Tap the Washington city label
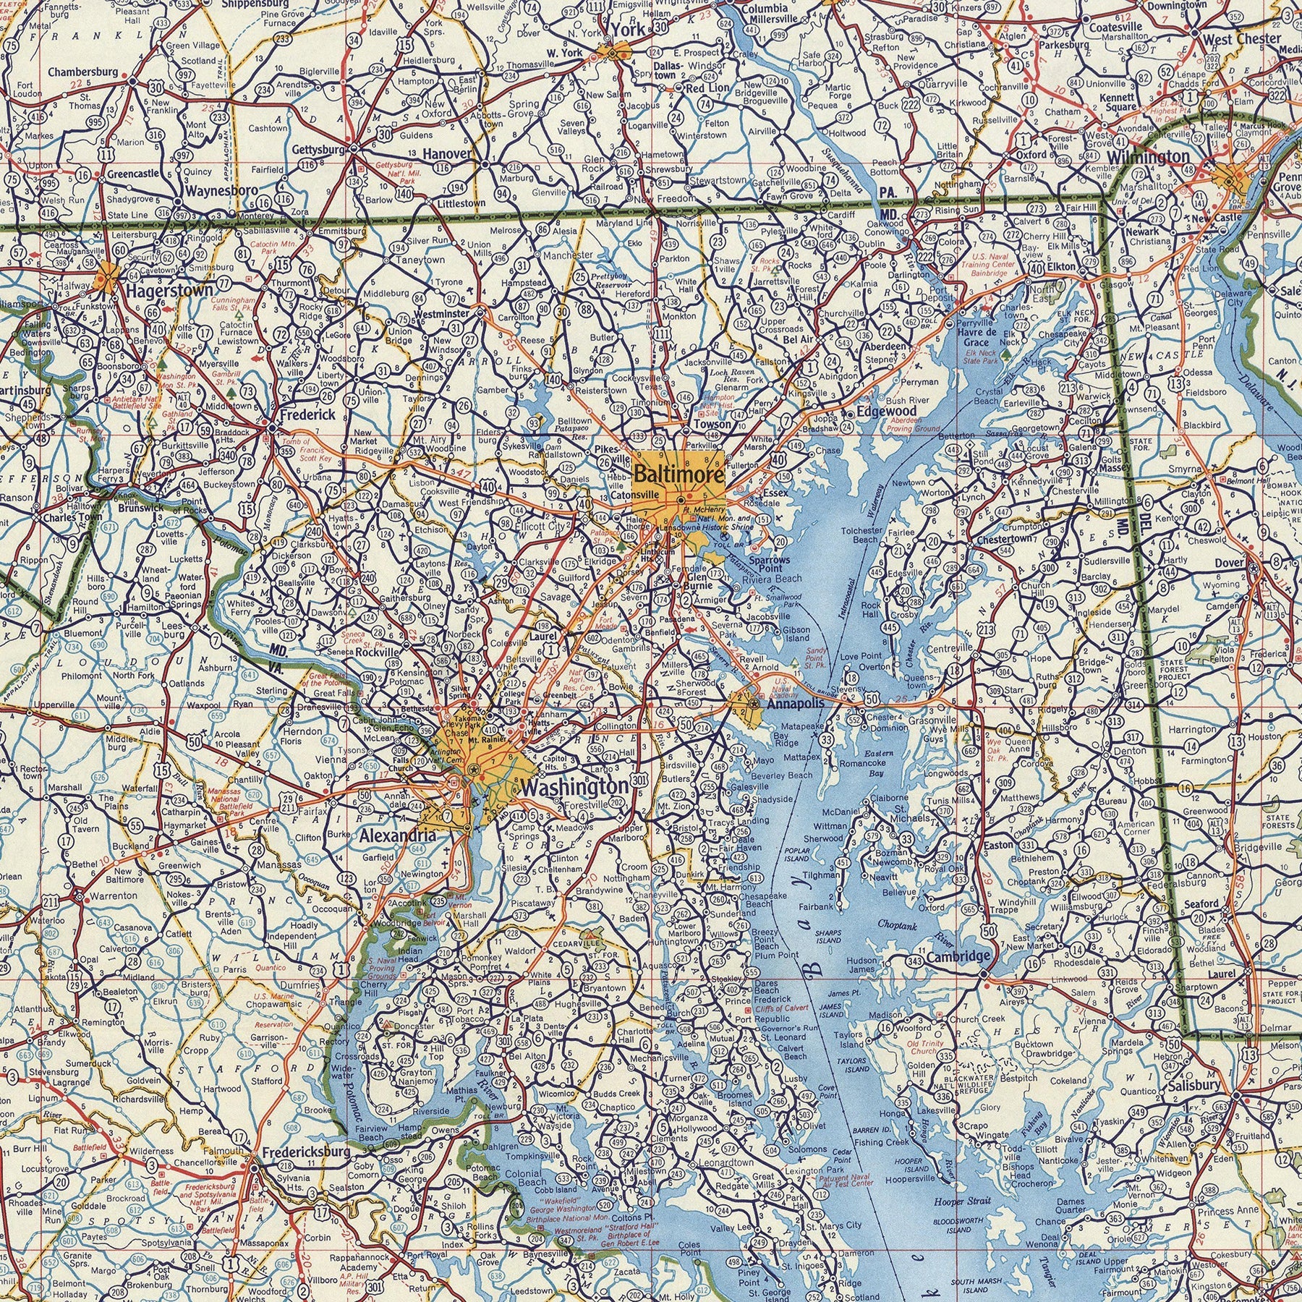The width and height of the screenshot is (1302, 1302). coord(574,786)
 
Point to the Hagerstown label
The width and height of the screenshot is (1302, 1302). coord(169,292)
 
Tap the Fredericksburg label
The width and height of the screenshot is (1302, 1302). coord(305,1152)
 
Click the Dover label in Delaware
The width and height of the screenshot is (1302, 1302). coord(1229,562)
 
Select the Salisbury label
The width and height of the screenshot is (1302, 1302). coord(1194,1085)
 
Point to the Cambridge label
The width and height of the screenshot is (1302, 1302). coord(957,956)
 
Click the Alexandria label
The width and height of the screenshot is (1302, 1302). coord(397,836)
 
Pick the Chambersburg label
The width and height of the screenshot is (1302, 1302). coord(83,72)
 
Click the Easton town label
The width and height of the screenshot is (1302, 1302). coord(999,845)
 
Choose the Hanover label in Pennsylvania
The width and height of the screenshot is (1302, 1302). coord(446,153)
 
